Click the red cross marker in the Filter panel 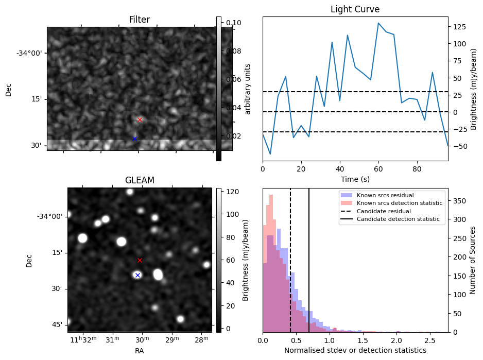[x=140, y=119]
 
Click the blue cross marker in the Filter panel [x=134, y=139]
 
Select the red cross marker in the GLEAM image [x=140, y=260]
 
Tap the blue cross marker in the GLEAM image [x=137, y=275]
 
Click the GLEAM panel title [x=140, y=180]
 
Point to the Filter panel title [x=140, y=20]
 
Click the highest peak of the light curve [x=378, y=23]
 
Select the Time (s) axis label [x=355, y=179]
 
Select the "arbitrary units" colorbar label [x=248, y=89]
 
